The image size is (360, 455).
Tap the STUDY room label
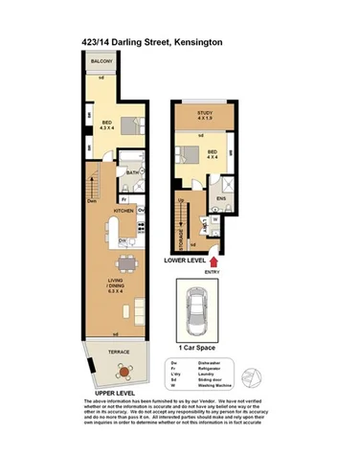click(205, 114)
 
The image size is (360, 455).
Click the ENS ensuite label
click(220, 199)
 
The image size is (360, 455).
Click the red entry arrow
click(214, 258)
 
